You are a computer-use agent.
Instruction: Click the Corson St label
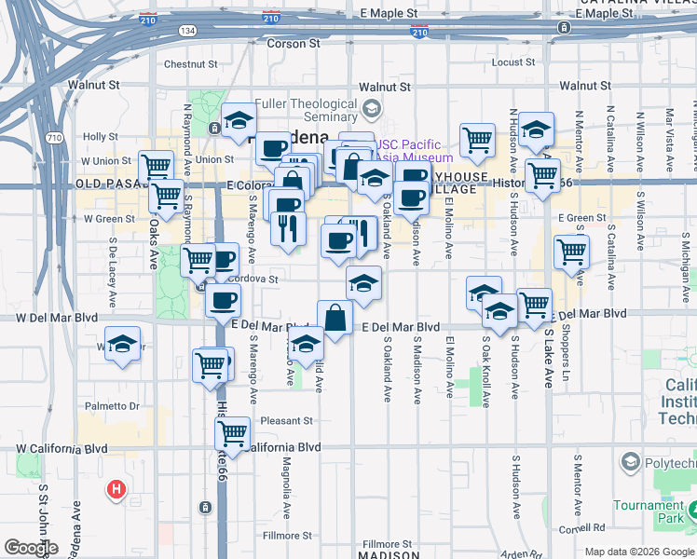pyautogui.click(x=294, y=43)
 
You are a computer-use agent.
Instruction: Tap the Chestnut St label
pyautogui.click(x=190, y=65)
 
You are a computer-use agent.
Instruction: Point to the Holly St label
pyautogui.click(x=100, y=136)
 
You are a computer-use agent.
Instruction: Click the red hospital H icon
pyautogui.click(x=116, y=488)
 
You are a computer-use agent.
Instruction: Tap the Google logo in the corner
pyautogui.click(x=31, y=548)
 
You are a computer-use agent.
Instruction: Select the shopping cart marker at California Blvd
pyautogui.click(x=232, y=433)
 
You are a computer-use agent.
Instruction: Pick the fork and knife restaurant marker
pyautogui.click(x=288, y=227)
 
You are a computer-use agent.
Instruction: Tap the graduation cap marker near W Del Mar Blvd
pyautogui.click(x=122, y=344)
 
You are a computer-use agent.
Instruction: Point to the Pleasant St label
pyautogui.click(x=285, y=420)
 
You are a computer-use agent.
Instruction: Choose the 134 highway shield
pyautogui.click(x=189, y=31)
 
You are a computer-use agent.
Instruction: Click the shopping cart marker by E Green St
pyautogui.click(x=570, y=251)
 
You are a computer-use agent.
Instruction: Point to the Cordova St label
pyautogui.click(x=253, y=279)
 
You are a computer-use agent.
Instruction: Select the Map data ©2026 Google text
pyautogui.click(x=639, y=552)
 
